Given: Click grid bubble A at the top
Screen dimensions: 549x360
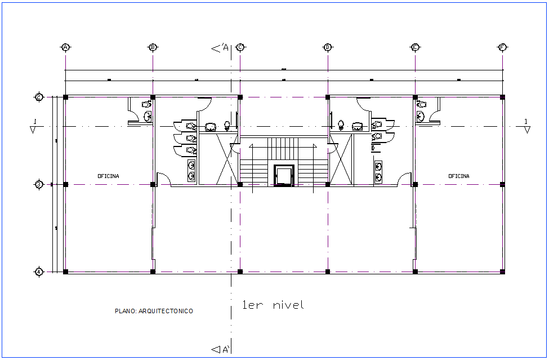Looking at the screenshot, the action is pos(65,47).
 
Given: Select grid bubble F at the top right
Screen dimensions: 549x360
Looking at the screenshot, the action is pos(502,47).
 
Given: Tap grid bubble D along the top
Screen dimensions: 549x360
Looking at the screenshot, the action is pos(327,47).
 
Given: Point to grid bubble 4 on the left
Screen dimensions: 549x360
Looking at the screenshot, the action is pos(39,272).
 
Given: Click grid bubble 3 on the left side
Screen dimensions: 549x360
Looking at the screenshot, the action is pos(39,184).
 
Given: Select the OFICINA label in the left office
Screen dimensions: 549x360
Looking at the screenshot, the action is pos(108,176).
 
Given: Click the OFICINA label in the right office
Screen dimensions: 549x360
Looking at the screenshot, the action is pos(459,176).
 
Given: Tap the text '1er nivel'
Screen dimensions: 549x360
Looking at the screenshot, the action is pos(273,305).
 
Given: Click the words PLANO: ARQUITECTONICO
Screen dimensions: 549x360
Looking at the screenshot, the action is pos(154,311).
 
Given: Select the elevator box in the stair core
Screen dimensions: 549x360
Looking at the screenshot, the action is pos(283,175).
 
